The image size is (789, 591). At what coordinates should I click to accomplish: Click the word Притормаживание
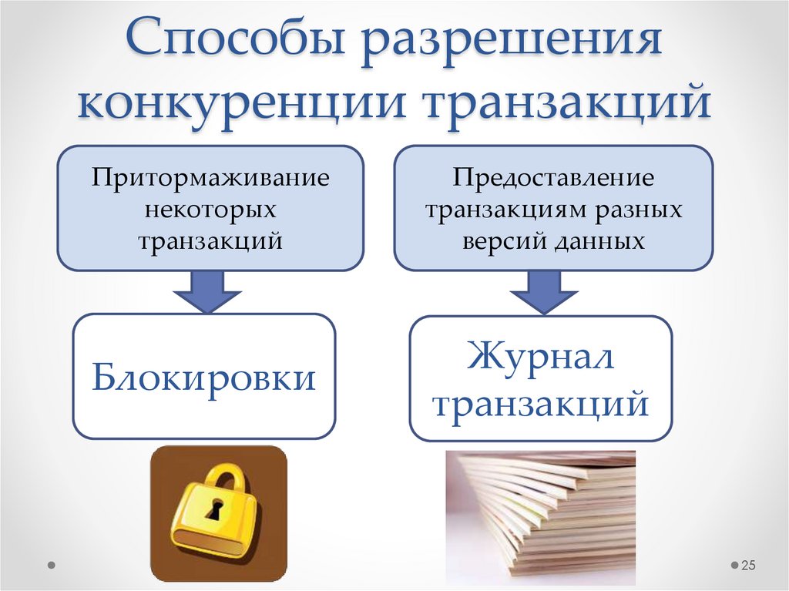pos(210,179)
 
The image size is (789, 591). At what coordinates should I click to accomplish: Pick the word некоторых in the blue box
pos(210,210)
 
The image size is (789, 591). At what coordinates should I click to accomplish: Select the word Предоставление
pos(553,179)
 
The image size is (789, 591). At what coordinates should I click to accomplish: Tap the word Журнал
pos(540,358)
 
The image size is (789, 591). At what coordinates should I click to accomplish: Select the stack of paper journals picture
pos(541,516)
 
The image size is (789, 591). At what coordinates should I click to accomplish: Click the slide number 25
pos(748,566)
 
